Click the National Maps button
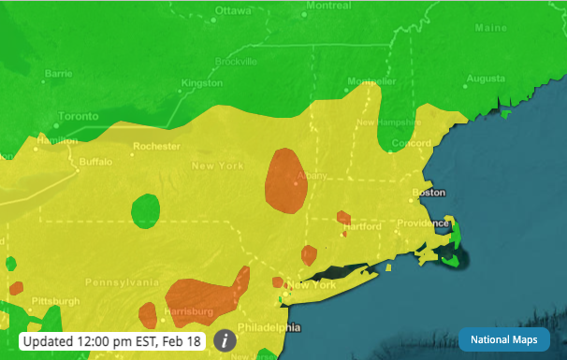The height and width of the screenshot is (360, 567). click(503, 339)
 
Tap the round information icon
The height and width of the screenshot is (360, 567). click(225, 340)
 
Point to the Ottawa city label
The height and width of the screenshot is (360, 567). click(233, 11)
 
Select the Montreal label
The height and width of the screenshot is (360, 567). click(328, 6)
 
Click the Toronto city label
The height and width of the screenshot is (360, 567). click(79, 117)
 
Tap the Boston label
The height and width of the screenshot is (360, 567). click(429, 194)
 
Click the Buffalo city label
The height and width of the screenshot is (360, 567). click(95, 161)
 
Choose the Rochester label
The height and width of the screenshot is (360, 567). click(156, 146)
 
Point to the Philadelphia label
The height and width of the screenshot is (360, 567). click(269, 327)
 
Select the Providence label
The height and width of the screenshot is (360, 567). click(422, 223)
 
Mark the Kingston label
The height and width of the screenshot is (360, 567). click(202, 83)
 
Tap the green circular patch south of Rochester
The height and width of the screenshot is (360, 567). click(145, 210)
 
